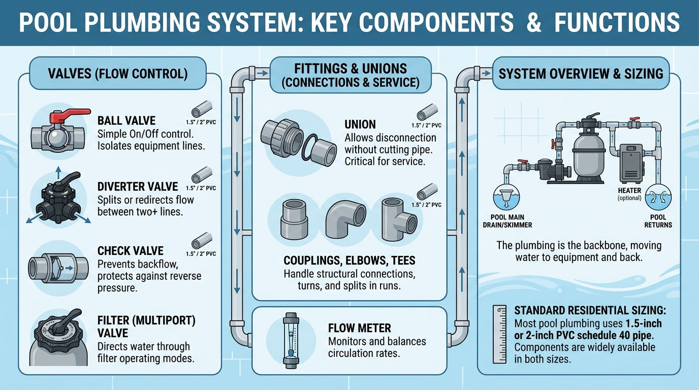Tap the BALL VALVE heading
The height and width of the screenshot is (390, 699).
pyautogui.click(x=126, y=121)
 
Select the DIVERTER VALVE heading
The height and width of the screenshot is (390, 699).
pyautogui.click(x=138, y=186)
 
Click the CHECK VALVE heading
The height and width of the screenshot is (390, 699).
pyautogui.click(x=131, y=251)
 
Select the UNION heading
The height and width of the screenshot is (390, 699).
pyautogui.click(x=360, y=124)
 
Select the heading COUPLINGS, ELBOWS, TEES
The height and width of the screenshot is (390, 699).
pyautogui.click(x=349, y=261)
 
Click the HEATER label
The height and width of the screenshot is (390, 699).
pyautogui.click(x=629, y=190)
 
